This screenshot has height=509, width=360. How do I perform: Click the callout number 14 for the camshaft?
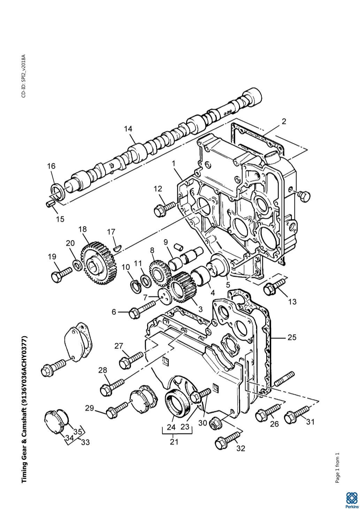coord(128,129)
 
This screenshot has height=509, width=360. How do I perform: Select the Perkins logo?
coord(352,499)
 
